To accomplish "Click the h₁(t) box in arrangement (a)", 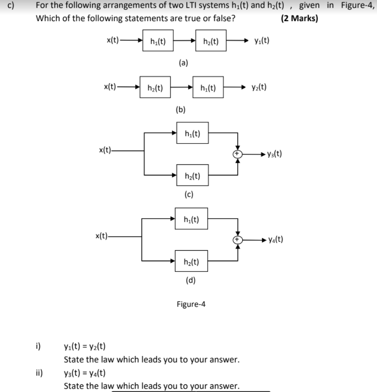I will (158, 41).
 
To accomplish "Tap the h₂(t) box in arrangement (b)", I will (155, 88).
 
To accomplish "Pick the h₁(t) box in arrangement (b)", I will (207, 88).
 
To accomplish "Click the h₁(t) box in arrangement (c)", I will (192, 133).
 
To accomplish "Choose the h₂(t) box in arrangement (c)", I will (192, 176).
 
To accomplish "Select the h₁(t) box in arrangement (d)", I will (192, 219).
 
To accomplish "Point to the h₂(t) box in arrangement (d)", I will (192, 262).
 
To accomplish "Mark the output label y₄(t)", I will (276, 239).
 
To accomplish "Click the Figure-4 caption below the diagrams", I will (191, 304).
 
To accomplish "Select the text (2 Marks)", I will (299, 19).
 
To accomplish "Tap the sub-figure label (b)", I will (181, 109).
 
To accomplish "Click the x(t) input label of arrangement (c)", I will (106, 150).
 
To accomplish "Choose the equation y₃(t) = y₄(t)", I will (85, 373).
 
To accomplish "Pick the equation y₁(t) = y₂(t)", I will (85, 346).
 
